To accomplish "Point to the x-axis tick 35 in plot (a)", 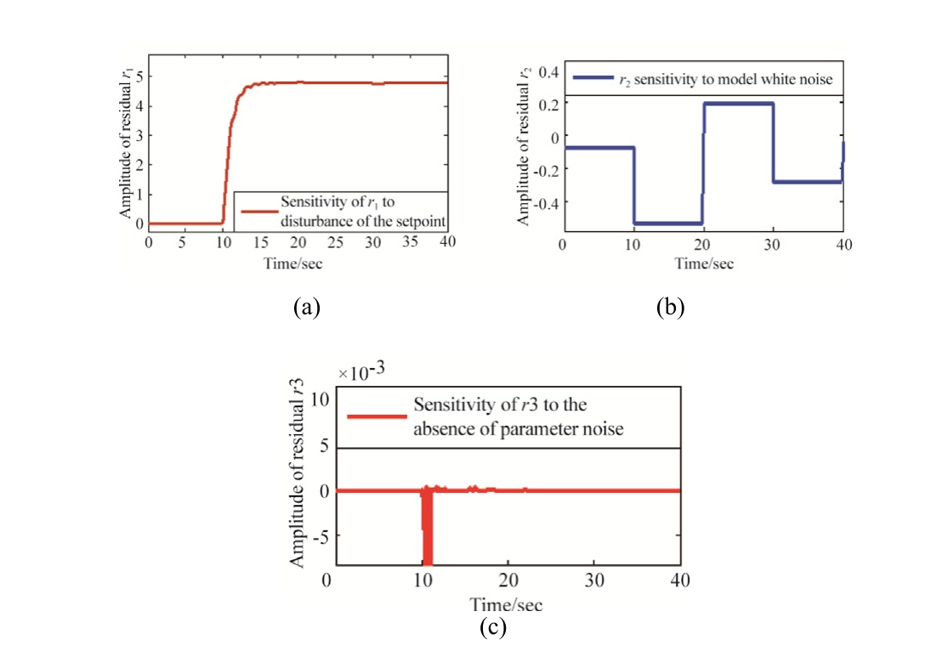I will point(411,241).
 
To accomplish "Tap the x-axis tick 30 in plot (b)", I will point(773,246).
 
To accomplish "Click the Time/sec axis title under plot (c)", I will point(507,605).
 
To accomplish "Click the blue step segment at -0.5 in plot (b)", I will point(668,223).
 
